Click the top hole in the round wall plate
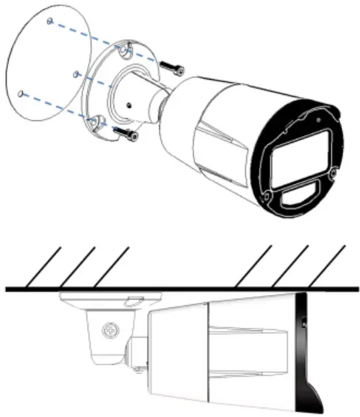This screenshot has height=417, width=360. (50, 21)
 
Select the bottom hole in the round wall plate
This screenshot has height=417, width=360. (23, 94)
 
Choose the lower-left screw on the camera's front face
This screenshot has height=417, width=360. (267, 197)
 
